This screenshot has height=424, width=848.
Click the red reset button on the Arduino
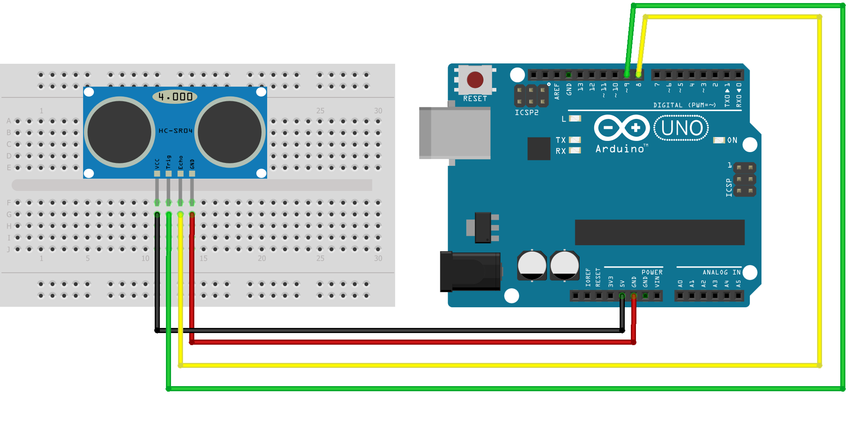475,80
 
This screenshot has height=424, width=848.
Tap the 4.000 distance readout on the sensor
175,97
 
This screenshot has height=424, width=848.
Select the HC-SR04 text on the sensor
175,131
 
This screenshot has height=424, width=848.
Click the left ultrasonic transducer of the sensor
119,132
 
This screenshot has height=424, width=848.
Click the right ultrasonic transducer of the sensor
230,132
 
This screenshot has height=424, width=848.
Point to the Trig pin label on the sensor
168,162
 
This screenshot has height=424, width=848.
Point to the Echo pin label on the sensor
181,162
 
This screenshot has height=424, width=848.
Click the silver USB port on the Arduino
455,133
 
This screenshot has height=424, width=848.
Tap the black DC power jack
470,271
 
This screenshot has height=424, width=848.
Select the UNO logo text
682,128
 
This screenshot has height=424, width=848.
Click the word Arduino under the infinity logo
620,149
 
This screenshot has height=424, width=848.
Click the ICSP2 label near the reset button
527,112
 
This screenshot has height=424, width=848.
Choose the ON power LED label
732,140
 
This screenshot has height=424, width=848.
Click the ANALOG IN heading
721,272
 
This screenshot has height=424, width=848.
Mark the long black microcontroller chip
659,232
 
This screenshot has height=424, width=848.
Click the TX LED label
560,140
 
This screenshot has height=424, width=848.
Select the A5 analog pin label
739,283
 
